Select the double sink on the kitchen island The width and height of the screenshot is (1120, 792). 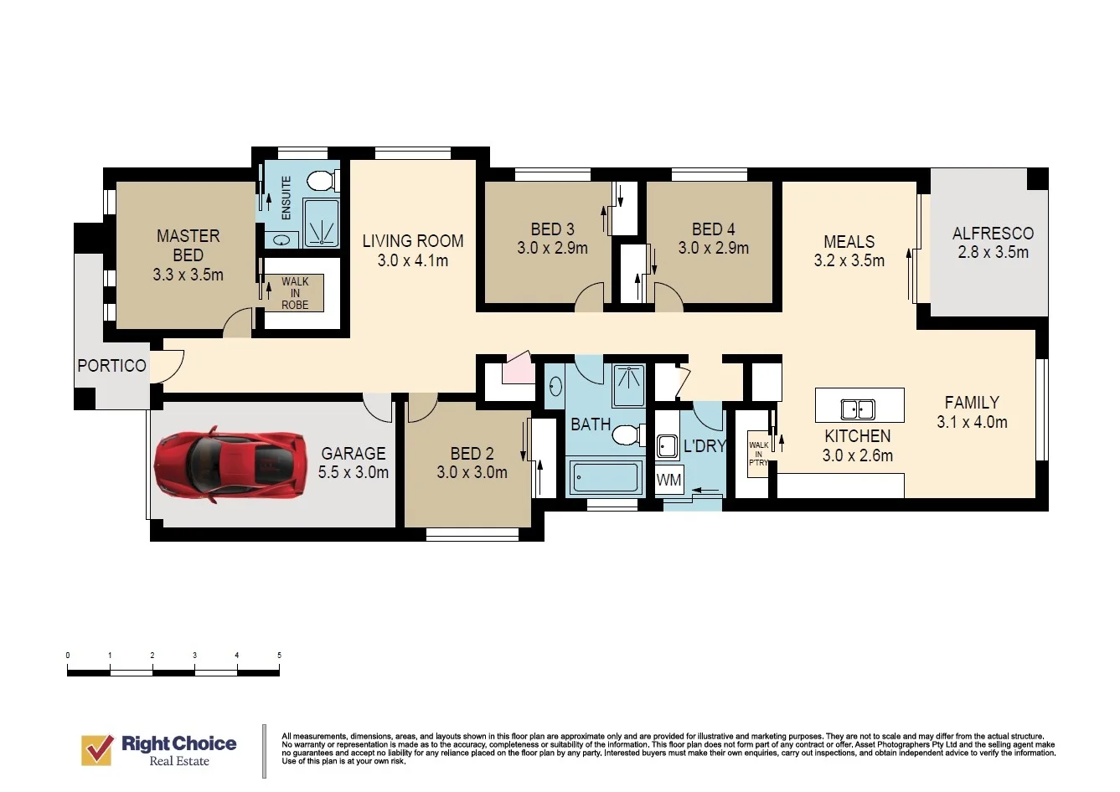pos(858,409)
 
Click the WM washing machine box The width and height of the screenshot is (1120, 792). pos(669,480)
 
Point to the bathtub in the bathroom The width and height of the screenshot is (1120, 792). pos(606,477)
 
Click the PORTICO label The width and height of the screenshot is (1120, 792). pos(111,366)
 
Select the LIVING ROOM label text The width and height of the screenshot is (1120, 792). pos(413,241)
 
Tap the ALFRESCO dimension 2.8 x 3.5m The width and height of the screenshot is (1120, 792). pos(993,252)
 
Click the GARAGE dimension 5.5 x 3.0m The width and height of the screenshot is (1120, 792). pos(354,472)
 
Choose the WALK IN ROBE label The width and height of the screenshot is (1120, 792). pos(295,293)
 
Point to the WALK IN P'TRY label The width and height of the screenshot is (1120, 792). pos(758,454)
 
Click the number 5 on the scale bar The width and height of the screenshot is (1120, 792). pos(280,655)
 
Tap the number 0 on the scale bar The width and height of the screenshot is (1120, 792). pos(68,655)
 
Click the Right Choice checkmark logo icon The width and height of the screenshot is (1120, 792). pos(97,750)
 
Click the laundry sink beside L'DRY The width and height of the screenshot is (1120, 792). pos(667,446)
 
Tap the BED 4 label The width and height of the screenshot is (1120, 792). pos(714,229)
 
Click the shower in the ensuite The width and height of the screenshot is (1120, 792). pos(321,223)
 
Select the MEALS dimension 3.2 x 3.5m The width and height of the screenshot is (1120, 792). pos(849,261)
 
